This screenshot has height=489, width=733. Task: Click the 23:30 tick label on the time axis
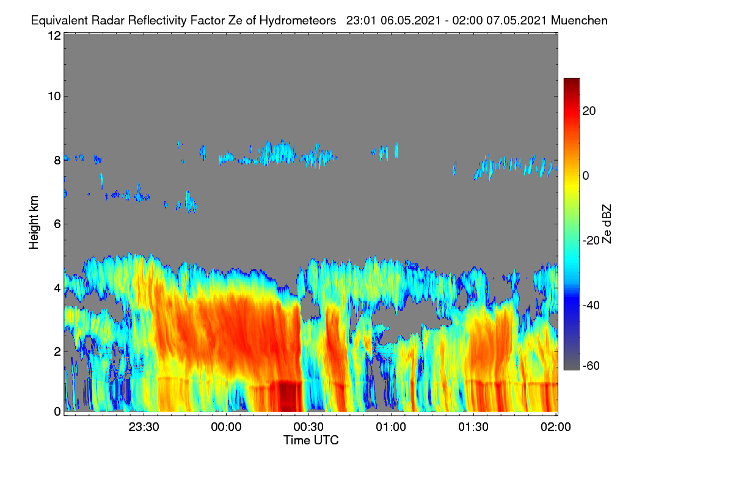[144, 427]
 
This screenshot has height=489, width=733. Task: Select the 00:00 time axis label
[226, 427]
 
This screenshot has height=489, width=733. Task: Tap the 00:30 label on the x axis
[308, 427]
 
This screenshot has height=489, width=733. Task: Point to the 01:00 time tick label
[391, 427]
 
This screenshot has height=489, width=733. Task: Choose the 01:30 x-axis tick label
[473, 427]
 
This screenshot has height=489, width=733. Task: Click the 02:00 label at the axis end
[556, 427]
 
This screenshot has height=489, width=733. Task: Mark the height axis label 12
[54, 35]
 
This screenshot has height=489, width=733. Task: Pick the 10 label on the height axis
[54, 97]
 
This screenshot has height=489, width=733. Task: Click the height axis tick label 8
[57, 161]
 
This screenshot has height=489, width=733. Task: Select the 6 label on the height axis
[57, 224]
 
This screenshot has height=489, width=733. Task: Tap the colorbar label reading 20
[589, 111]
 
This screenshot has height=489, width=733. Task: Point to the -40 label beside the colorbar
[591, 306]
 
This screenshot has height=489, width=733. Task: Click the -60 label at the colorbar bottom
[591, 366]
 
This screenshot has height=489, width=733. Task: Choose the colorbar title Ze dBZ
[607, 224]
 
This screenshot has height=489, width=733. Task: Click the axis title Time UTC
[311, 441]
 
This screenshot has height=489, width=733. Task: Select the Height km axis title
[34, 222]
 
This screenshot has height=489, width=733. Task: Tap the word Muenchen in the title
[579, 21]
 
